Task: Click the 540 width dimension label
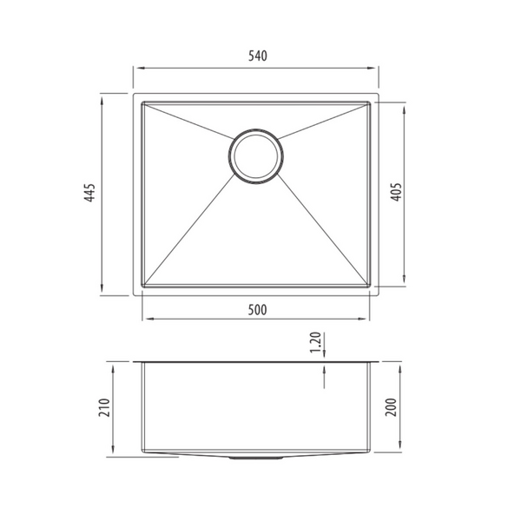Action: click(256, 56)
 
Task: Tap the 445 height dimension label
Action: click(89, 193)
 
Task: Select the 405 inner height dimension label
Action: click(396, 192)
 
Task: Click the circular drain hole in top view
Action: click(254, 156)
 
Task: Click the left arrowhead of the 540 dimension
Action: click(136, 67)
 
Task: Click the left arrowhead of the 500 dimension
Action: click(146, 319)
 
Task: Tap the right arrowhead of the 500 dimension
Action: click(367, 319)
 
